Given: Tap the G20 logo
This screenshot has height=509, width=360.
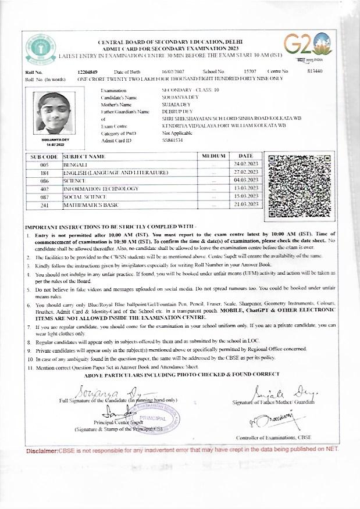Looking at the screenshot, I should tap(308, 45).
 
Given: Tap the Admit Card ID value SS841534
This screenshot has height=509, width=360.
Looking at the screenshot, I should tap(172, 141).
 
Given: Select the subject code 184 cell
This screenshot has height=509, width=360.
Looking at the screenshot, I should tap(44, 173).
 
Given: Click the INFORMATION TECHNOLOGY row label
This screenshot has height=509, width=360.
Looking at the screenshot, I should tap(101, 189).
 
